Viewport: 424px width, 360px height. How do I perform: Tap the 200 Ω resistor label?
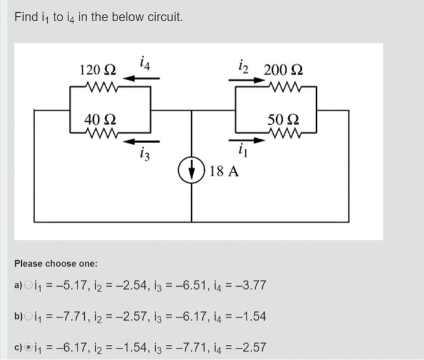[283, 68]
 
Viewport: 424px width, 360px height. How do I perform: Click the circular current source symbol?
[193, 170]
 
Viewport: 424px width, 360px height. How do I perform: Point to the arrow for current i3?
[142, 141]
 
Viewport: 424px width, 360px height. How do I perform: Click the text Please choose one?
[56, 264]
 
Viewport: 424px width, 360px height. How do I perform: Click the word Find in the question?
[26, 17]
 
